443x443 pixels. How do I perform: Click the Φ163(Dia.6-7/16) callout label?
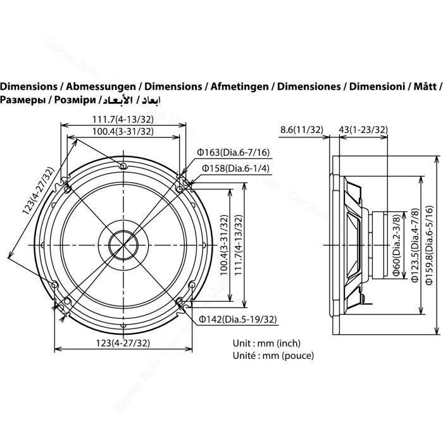[233, 153]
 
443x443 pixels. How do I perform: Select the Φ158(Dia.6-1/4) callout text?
[235, 168]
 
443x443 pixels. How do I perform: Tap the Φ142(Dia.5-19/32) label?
[237, 319]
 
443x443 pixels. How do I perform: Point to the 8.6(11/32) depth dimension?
[301, 130]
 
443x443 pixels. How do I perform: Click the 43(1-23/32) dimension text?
[363, 130]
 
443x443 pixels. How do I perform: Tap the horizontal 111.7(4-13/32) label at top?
[123, 120]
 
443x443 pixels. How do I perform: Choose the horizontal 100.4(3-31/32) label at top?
[123, 132]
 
